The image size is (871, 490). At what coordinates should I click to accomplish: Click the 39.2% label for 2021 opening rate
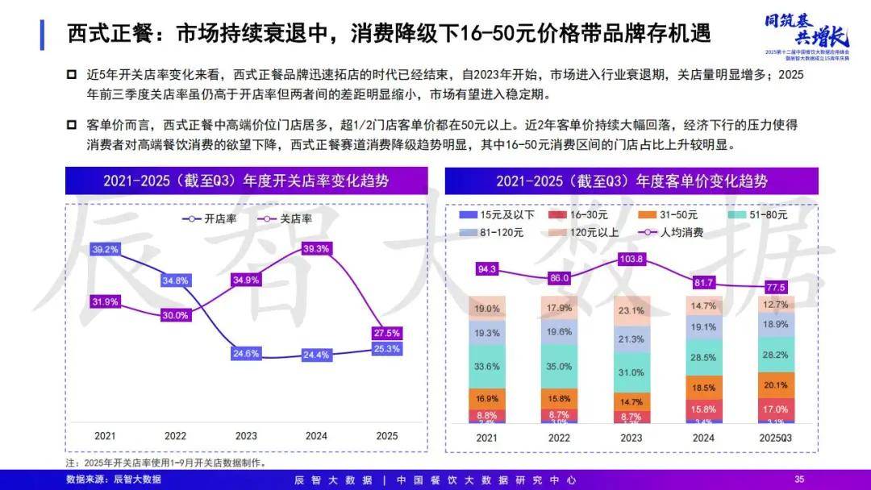(x=105, y=250)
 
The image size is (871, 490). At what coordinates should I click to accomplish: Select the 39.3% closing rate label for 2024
(x=316, y=249)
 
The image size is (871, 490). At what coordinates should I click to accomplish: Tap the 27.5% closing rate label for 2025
(x=385, y=333)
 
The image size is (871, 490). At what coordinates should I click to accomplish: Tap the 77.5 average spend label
(x=777, y=287)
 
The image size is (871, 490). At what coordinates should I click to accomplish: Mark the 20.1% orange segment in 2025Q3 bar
(x=777, y=384)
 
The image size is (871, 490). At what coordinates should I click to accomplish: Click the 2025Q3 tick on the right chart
(x=777, y=437)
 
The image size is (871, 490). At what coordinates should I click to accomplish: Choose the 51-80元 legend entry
(x=763, y=215)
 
